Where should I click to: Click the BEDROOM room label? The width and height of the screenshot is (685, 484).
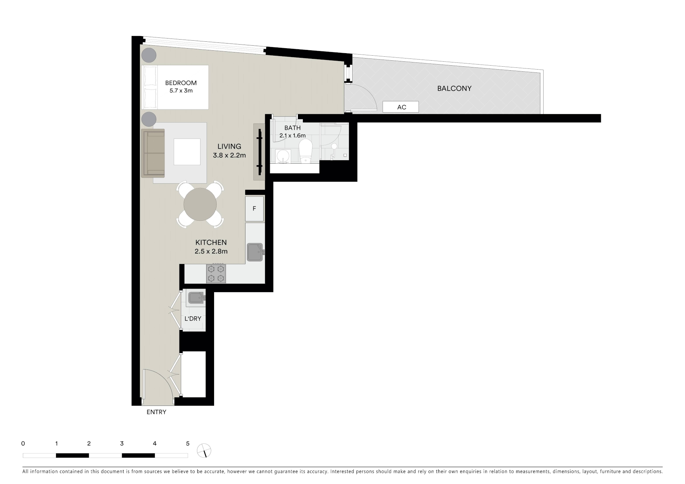point(181,83)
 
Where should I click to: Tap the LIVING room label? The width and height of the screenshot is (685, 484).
point(229,146)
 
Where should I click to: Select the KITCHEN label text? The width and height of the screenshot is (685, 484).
point(211,242)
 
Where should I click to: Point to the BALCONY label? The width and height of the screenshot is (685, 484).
point(454,88)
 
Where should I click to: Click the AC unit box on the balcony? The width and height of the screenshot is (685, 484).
point(401,107)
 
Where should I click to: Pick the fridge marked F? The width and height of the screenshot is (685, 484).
point(254,209)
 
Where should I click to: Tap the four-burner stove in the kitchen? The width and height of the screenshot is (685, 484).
point(216,274)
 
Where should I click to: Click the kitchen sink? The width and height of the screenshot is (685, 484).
point(255,252)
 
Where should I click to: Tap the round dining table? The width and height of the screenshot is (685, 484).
point(200,204)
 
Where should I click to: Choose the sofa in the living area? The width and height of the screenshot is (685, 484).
point(153,153)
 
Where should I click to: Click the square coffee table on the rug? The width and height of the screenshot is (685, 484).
point(187,152)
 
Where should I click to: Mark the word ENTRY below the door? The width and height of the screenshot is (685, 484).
point(156,412)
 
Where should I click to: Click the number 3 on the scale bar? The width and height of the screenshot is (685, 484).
point(122,444)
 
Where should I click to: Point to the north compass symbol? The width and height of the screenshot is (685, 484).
point(204,450)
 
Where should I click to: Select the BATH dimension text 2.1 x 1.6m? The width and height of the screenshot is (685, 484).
point(293,136)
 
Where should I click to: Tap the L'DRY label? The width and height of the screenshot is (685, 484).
point(193,319)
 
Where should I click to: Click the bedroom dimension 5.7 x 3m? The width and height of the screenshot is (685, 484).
point(181,91)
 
